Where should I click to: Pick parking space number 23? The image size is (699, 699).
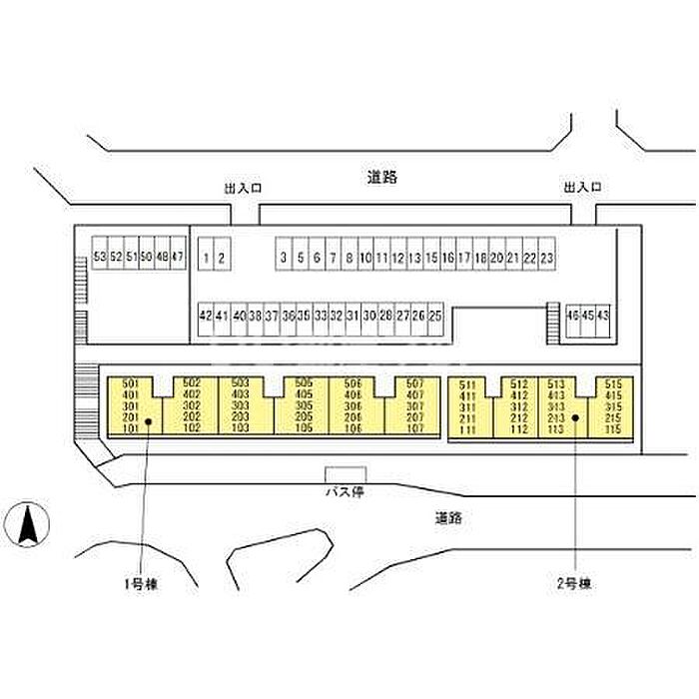(x=546, y=258)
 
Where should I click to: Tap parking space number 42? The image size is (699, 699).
(x=206, y=316)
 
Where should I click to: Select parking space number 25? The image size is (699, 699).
(x=434, y=316)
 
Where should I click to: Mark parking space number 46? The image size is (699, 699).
(x=572, y=316)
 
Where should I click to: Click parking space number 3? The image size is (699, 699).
(x=284, y=258)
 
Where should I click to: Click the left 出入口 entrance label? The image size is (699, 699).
(x=243, y=187)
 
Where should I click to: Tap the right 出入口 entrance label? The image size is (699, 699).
(x=582, y=187)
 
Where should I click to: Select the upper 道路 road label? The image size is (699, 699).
(x=382, y=178)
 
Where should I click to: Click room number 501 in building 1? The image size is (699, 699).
(x=129, y=383)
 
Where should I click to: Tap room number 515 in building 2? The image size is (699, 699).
(x=613, y=383)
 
